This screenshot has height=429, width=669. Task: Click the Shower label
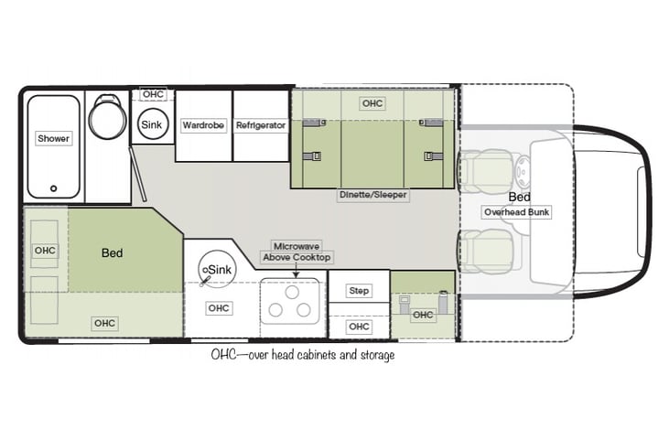53,139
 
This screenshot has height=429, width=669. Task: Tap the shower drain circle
54,188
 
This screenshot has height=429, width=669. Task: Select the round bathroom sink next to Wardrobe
152,124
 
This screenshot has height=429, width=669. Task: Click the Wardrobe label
203,125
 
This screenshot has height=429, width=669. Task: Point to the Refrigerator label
261,125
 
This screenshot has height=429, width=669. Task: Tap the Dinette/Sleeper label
373,195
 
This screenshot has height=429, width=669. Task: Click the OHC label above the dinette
372,103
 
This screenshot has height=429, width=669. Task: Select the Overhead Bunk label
517,212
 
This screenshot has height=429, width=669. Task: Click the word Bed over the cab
519,198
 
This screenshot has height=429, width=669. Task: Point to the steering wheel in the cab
523,171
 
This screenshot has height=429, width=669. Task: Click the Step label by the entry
359,291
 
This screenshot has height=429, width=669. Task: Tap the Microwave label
297,246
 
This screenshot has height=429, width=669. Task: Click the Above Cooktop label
297,258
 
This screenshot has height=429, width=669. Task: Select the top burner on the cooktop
292,293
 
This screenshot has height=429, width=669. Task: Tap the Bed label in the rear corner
113,252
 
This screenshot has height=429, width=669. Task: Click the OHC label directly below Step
359,327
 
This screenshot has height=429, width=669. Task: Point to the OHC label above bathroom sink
153,94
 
